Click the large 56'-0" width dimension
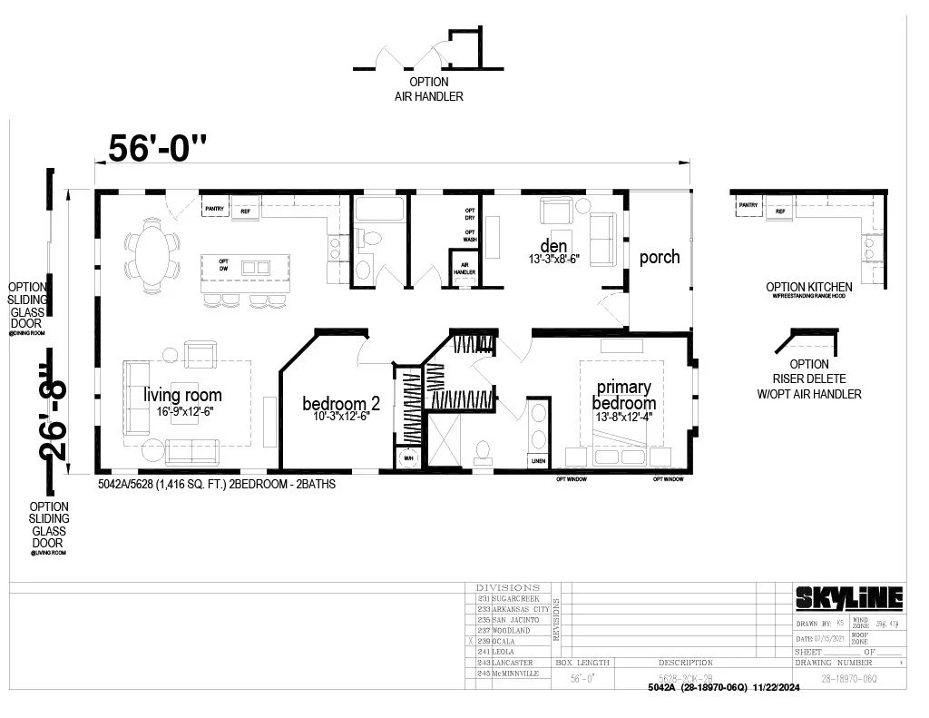[x=158, y=147]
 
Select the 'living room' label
[x=182, y=396]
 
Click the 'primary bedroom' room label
[x=623, y=395]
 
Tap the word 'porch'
[x=660, y=257]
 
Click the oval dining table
[x=152, y=251]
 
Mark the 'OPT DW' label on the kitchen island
[x=223, y=266]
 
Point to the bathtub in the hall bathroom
[x=380, y=210]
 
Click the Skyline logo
[x=849, y=597]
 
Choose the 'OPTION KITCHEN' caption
[x=808, y=288]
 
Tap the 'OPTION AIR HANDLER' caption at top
[x=428, y=89]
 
